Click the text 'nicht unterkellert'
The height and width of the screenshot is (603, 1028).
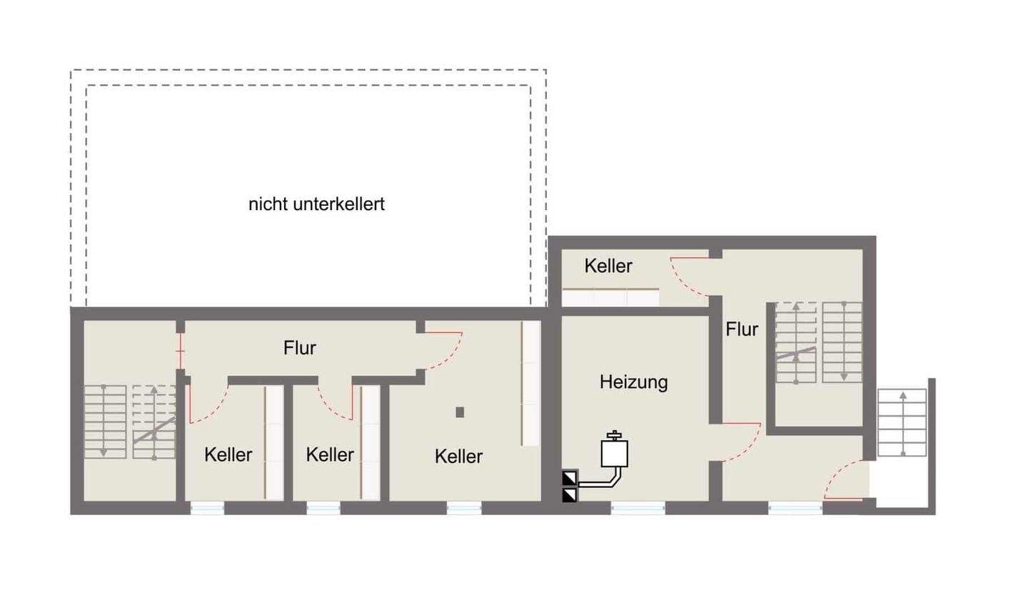[x=316, y=204]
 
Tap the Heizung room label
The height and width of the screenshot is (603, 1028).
[x=633, y=382]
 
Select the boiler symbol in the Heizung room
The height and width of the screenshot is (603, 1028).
[x=614, y=452]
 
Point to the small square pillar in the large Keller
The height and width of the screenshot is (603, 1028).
[x=460, y=412]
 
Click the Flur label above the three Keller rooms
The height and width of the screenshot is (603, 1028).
[x=299, y=348]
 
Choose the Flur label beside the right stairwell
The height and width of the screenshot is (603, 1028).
[x=742, y=329]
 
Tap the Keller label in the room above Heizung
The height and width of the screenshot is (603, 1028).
[x=608, y=266]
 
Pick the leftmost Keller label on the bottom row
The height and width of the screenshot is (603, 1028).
[x=228, y=454]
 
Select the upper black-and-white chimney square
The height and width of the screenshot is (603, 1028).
[x=570, y=478]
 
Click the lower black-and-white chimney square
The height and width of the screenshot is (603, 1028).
[x=570, y=494]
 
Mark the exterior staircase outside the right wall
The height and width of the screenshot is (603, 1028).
[x=902, y=423]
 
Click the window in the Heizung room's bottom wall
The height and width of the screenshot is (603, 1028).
[x=638, y=508]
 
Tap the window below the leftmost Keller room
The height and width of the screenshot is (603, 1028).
[x=207, y=508]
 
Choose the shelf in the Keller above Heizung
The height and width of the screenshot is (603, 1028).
[x=610, y=297]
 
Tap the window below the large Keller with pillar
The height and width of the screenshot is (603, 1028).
[x=464, y=508]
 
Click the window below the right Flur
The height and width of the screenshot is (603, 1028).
[x=795, y=508]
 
